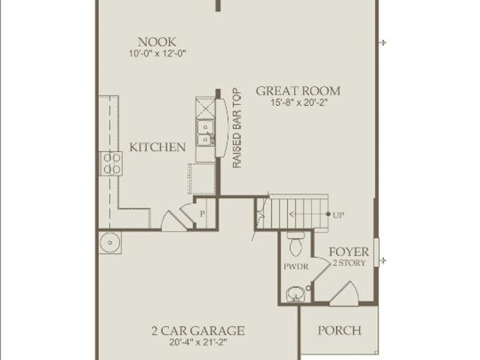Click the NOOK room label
pyautogui.click(x=157, y=42)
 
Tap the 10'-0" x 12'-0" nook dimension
pyautogui.click(x=157, y=53)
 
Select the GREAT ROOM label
pyautogui.click(x=298, y=91)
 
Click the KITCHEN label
pyautogui.click(x=157, y=147)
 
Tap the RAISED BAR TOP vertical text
pyautogui.click(x=237, y=128)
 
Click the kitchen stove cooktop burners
pyautogui.click(x=111, y=163)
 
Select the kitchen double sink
pyautogui.click(x=205, y=133)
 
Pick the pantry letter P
pyautogui.click(x=202, y=214)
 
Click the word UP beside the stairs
pyautogui.click(x=338, y=215)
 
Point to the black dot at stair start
pyautogui.click(x=328, y=214)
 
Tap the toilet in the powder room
pyautogui.click(x=295, y=244)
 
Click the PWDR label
pyautogui.click(x=295, y=267)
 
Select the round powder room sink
pyautogui.click(x=295, y=295)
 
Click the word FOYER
pyautogui.click(x=349, y=252)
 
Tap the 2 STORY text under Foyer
pyautogui.click(x=349, y=263)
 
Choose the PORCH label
pyautogui.click(x=340, y=330)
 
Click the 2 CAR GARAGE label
pyautogui.click(x=198, y=331)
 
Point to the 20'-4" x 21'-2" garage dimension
pyautogui.click(x=198, y=342)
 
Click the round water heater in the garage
pyautogui.click(x=110, y=242)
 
